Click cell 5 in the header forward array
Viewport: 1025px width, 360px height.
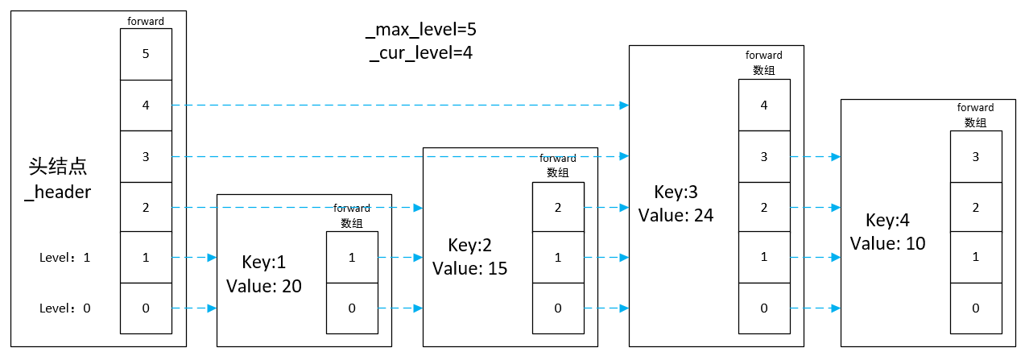click(146, 55)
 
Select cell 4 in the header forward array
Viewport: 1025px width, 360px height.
click(146, 106)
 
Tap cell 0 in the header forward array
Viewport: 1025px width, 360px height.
click(146, 308)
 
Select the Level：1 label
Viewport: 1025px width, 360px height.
click(65, 258)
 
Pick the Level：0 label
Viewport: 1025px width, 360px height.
click(65, 308)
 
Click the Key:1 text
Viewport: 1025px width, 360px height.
click(263, 263)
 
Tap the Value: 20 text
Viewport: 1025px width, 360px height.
click(264, 285)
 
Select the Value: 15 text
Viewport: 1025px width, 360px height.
click(470, 267)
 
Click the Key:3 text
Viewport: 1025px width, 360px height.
click(676, 192)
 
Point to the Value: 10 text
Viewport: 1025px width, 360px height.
click(888, 243)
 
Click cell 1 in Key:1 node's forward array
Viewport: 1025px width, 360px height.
click(352, 258)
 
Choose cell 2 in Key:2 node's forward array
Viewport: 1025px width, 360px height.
click(558, 208)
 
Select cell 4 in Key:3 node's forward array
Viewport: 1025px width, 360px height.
click(764, 105)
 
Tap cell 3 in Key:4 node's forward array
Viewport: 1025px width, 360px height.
click(975, 156)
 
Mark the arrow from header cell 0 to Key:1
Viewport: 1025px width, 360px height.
click(193, 308)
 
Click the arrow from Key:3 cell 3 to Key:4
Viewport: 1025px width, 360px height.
click(815, 156)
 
